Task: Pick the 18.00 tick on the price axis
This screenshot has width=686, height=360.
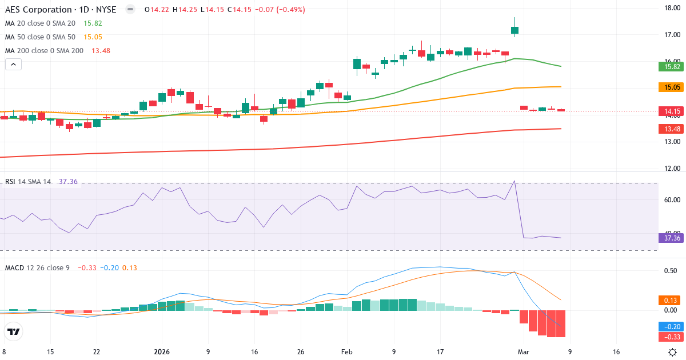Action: [671, 8]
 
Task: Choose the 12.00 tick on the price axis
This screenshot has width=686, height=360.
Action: [671, 169]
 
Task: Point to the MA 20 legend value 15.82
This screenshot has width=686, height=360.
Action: [93, 23]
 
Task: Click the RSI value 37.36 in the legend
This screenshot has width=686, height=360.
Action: [68, 182]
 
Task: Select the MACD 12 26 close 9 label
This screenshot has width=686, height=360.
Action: [37, 267]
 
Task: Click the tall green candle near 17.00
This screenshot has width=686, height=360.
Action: [515, 30]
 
